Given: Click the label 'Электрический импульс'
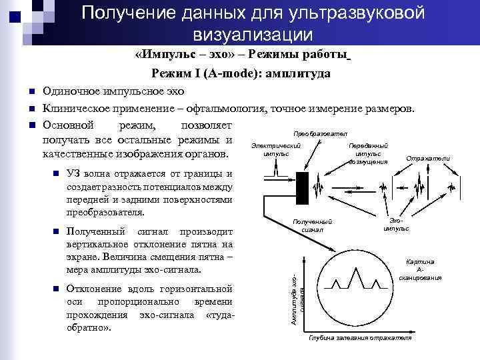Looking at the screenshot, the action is tap(277, 149).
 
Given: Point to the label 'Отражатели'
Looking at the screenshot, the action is tap(432, 158).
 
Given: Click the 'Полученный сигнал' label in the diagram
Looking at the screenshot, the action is tap(312, 225).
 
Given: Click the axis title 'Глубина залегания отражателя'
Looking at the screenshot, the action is tap(359, 338).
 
